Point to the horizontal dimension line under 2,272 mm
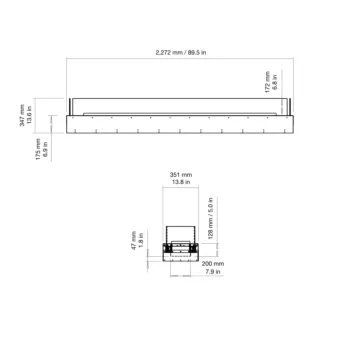coord(180,57)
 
